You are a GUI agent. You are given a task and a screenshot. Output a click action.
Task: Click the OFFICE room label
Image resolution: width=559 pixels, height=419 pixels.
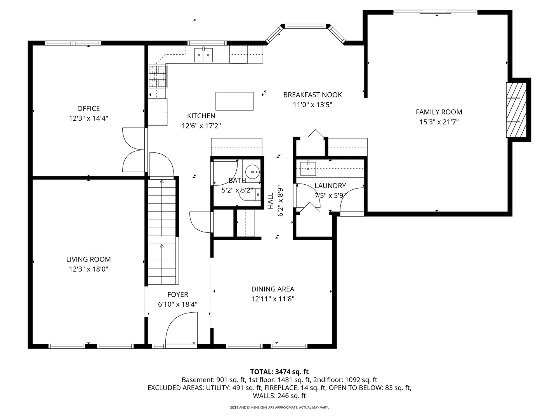89,109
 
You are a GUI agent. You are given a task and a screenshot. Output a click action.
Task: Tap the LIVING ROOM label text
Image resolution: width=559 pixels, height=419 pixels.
89,260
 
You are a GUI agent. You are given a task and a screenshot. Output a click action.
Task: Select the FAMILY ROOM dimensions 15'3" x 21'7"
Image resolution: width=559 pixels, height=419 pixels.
439,122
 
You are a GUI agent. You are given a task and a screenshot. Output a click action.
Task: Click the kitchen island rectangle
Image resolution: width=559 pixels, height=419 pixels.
234,101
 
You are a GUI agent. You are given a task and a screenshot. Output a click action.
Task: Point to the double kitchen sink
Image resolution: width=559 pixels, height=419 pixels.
203,55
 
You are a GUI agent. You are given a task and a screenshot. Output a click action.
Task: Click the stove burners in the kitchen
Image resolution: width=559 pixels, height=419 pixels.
158,76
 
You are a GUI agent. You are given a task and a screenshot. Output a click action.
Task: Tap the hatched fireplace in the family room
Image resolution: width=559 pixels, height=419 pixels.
516,110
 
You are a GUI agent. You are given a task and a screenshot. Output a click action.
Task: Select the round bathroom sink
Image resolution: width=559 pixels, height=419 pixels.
252,172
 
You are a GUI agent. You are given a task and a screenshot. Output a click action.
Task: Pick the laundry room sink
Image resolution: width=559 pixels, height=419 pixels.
308,169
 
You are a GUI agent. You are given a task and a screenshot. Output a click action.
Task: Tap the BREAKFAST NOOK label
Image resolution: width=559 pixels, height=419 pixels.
312,95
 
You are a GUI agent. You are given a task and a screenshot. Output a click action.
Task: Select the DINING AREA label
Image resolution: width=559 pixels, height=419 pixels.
273,289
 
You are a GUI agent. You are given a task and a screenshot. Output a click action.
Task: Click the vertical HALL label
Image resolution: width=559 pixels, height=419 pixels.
271,201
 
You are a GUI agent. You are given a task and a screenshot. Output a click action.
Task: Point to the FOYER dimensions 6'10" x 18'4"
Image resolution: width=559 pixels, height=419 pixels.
178,305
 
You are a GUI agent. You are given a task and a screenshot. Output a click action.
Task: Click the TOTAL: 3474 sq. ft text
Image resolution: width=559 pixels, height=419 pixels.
279,372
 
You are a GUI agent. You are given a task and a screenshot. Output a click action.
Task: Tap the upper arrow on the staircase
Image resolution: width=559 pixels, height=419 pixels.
162,181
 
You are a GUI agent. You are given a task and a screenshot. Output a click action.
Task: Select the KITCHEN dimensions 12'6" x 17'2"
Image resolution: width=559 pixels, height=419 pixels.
201,126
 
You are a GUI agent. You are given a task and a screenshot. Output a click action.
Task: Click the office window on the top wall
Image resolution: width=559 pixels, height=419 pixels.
73,43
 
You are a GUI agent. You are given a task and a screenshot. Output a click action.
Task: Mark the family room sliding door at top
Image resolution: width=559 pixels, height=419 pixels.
436,12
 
